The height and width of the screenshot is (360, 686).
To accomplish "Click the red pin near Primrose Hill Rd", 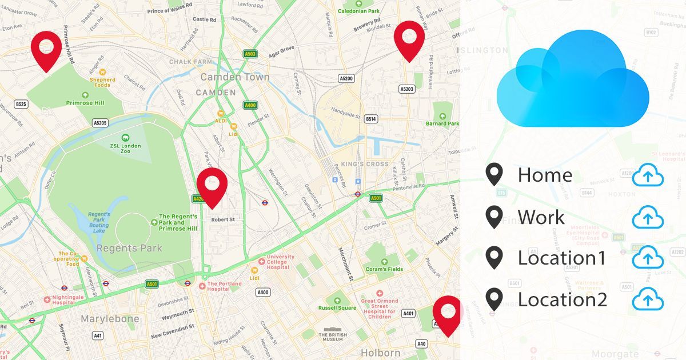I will pos(46,47).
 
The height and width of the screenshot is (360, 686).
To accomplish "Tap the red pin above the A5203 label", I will pos(409,38).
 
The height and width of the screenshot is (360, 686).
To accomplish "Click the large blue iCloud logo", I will pos(573,79).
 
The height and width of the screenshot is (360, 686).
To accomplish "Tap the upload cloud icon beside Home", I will pos(648,176).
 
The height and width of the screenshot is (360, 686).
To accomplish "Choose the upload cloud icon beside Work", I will pos(648,218).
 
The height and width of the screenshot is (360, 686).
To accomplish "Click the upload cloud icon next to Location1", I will pos(648,258).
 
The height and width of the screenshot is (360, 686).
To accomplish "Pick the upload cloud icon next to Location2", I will pos(648,299).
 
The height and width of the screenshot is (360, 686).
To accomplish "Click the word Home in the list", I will pos(545,175).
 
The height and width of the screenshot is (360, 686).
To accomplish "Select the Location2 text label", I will pos(562,299).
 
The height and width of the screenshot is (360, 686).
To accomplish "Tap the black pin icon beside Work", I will pos(494,217).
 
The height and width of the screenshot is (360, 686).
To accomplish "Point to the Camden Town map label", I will pos(234,77).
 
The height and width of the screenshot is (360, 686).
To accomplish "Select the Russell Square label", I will pos(337,308).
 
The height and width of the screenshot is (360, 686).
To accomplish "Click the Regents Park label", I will pos(129,248).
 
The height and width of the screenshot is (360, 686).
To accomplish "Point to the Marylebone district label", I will pos(110,318).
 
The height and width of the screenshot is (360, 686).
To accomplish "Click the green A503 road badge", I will pos(250,54).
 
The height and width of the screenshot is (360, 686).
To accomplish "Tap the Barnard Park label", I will pos(442,123).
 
